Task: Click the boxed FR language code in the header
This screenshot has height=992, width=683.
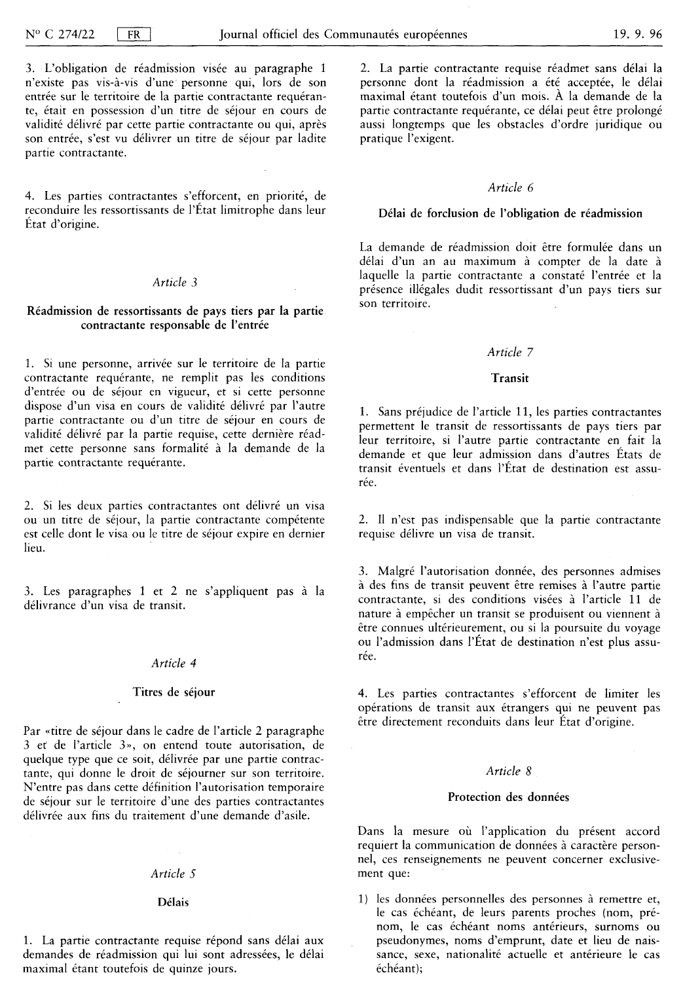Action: coord(134,35)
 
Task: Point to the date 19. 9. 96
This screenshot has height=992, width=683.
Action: coord(638,35)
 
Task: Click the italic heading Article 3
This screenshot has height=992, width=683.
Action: coord(175,283)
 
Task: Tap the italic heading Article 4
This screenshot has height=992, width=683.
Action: coord(174,664)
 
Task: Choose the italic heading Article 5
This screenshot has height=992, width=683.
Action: coord(174,874)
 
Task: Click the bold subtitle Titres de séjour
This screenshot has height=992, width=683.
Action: coord(174,692)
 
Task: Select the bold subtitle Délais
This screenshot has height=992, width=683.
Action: coord(174,902)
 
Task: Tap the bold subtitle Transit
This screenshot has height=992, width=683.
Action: coord(510,378)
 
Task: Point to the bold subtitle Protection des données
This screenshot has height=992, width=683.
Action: coord(509,797)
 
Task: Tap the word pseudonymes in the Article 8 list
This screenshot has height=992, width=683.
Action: coord(406,941)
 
